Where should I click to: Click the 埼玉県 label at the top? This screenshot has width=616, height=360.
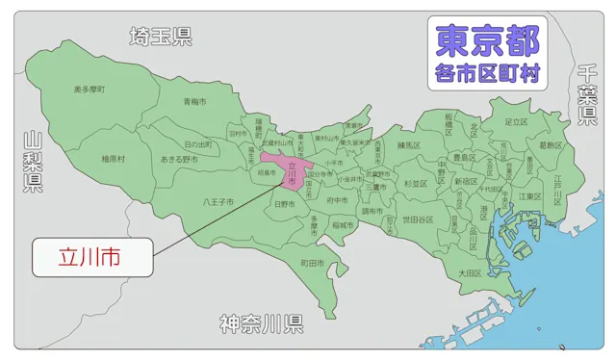coord(161,38)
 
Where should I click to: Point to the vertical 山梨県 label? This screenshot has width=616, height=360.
coord(33,163)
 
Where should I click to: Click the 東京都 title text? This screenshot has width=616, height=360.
coord(487,39)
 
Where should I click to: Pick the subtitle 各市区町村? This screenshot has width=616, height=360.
coord(487,73)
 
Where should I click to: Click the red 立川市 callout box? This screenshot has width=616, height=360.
coord(89,257)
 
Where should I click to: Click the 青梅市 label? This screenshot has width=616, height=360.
coord(195,101)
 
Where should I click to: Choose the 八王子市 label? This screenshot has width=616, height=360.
coord(218,202)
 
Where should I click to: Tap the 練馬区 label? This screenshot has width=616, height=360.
coord(409,144)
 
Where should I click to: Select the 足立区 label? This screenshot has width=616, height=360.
coord(516,122)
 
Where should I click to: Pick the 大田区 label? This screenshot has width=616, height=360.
coord(469,273)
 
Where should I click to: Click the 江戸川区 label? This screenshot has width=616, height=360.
coord(557,184)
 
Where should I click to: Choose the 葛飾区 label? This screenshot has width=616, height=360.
coord(552,145)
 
